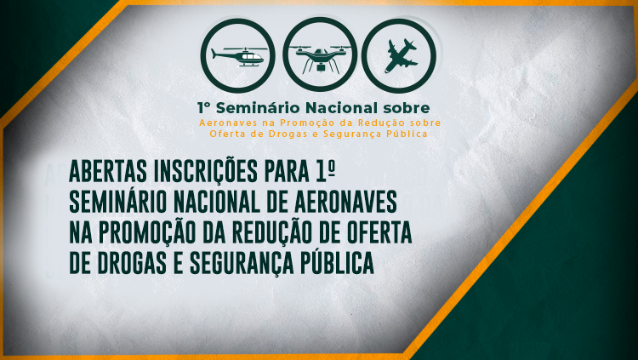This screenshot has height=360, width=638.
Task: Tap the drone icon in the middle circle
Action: [x=320, y=55]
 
